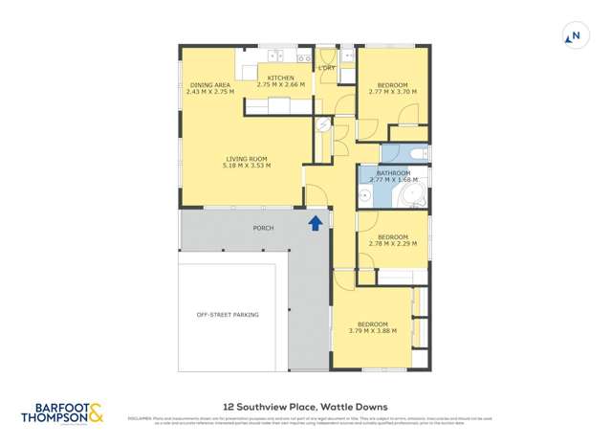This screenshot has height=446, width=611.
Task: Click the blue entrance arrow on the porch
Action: click(315, 224)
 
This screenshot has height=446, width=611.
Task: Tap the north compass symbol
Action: click(574, 37)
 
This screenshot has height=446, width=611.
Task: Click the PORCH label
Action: click(263, 228)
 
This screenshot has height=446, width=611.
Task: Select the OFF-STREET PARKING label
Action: click(228, 315)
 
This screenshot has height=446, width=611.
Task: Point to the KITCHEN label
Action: click(280, 78)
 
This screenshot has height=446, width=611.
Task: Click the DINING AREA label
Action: click(207, 85)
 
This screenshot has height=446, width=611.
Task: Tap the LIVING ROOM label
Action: click(247, 159)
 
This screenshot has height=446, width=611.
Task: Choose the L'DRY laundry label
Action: click(327, 68)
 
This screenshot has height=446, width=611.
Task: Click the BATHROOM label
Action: click(393, 173)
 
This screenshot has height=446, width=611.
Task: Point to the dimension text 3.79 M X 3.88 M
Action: click(372, 331)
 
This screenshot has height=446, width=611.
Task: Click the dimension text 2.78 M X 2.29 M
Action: click(393, 244)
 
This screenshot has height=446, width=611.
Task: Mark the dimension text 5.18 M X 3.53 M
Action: click(248, 166)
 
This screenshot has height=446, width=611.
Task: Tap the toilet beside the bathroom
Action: click(323, 125)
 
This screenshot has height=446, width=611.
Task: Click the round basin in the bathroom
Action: click(365, 197)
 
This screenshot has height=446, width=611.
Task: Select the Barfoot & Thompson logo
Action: click(62, 413)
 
